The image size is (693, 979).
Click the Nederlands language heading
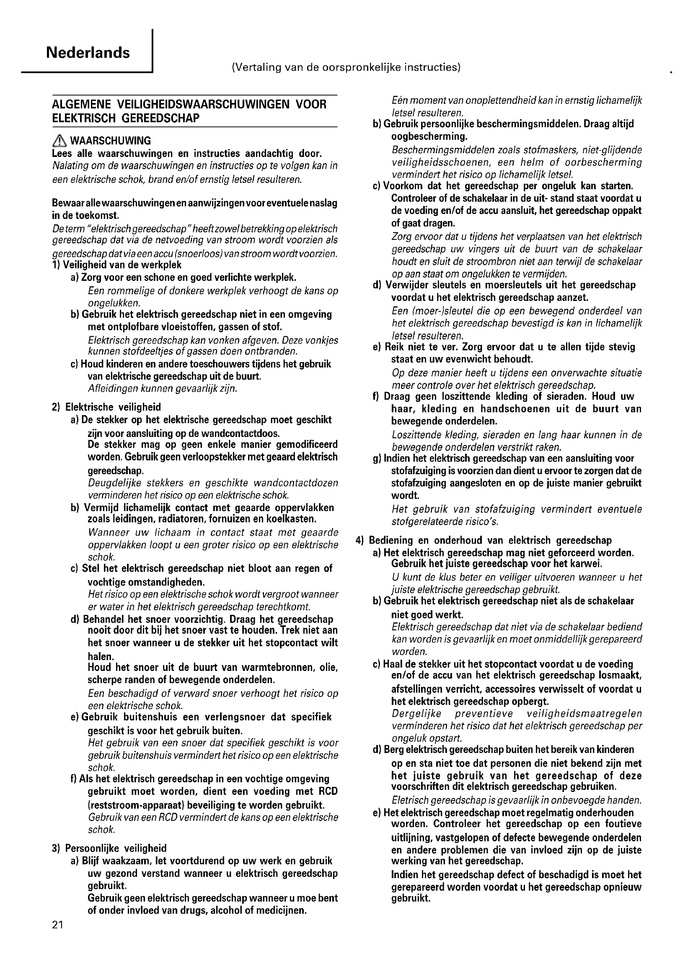point(88,53)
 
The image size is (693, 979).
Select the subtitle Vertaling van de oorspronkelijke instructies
point(346,67)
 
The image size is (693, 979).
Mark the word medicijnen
point(279,911)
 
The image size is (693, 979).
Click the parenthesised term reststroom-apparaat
point(138,805)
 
